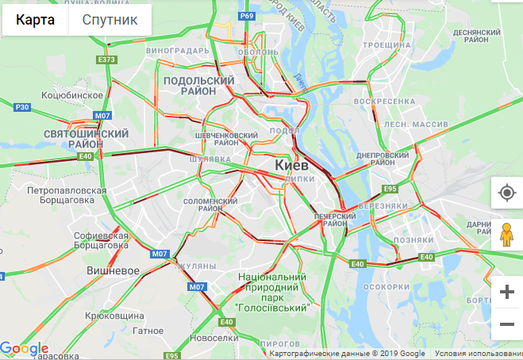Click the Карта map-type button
pos(36,20)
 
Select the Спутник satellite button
pos(110,20)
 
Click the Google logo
pos(25,348)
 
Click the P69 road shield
pos(247,17)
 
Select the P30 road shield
pos(23,107)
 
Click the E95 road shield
pos(390,189)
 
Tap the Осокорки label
pos(385,287)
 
